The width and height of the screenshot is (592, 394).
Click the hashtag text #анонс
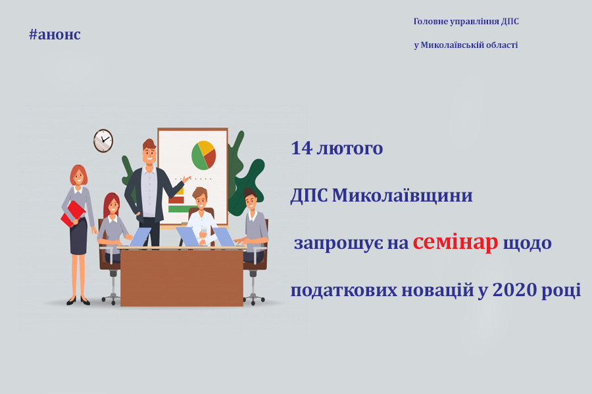(55, 34)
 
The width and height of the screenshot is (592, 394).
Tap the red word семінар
(455, 242)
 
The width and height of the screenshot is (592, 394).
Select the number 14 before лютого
(302, 148)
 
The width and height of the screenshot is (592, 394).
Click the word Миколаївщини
(402, 195)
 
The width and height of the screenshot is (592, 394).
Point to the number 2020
(514, 290)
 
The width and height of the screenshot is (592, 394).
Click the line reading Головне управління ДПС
(466, 22)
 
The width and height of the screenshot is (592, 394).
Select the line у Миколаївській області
(466, 45)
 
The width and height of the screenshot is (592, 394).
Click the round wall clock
(103, 141)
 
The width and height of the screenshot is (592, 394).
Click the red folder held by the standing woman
(73, 213)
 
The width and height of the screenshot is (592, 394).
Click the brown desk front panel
(182, 278)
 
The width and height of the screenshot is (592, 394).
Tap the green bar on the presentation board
(182, 209)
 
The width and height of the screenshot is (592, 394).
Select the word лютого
(349, 148)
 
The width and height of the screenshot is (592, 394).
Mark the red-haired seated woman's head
(111, 205)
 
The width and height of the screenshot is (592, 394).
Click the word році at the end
(561, 291)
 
